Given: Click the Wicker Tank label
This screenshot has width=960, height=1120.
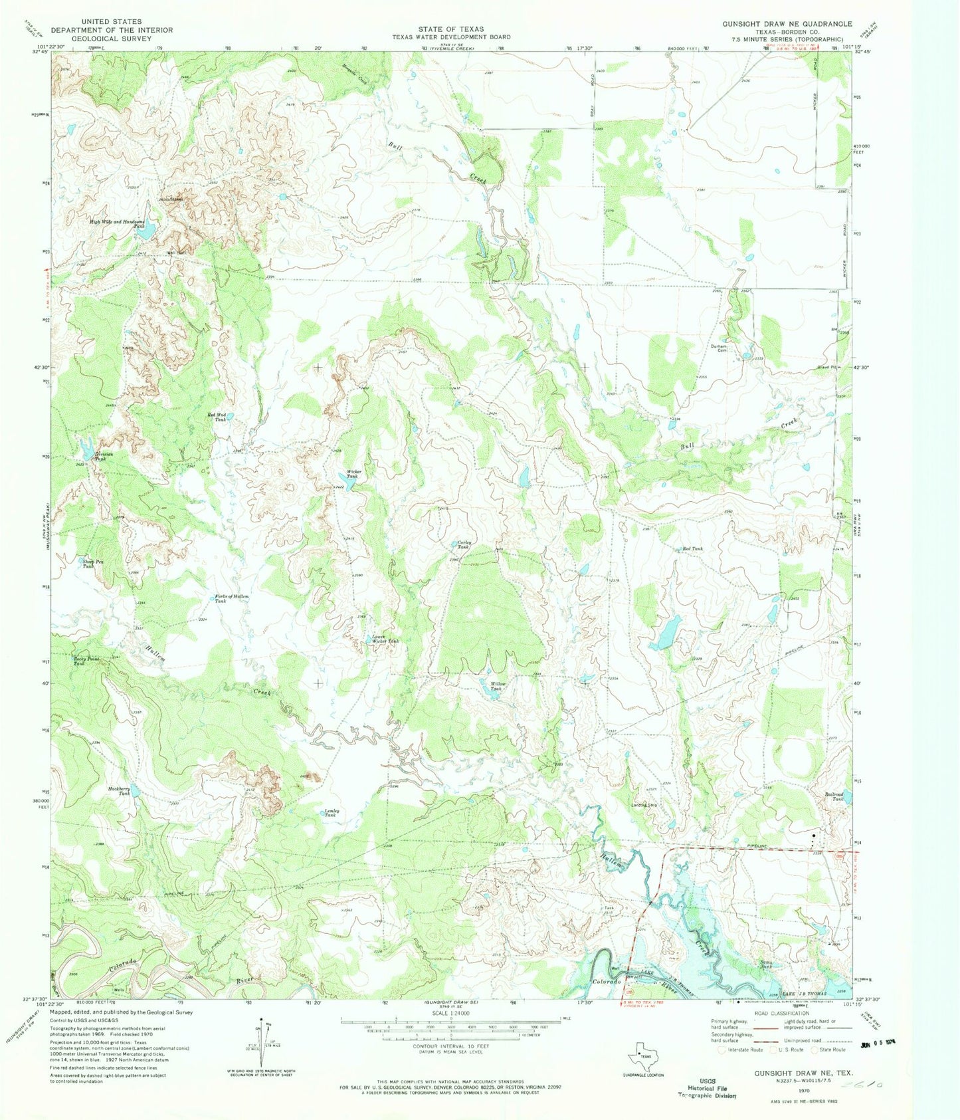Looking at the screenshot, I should [x=352, y=474].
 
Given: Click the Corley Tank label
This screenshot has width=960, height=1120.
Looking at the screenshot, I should [x=465, y=544].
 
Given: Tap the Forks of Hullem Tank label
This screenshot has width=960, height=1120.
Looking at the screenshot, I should [x=231, y=598].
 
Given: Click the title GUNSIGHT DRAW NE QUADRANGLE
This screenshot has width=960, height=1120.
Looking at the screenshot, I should [x=787, y=23].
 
